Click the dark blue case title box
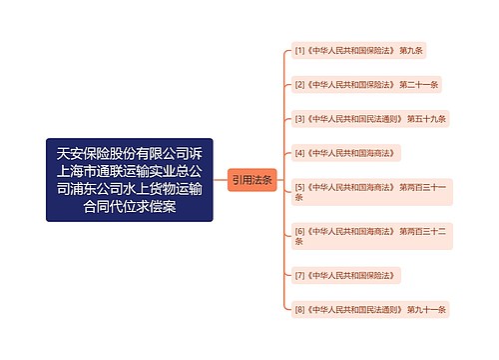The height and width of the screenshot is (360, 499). (129, 180)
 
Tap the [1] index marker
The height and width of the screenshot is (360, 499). (299, 50)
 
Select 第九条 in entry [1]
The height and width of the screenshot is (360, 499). (412, 50)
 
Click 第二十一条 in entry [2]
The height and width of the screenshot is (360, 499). (420, 84)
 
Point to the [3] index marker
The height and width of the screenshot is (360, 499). (299, 118)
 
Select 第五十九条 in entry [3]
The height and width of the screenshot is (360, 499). (426, 118)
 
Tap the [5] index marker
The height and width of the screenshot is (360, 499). (299, 187)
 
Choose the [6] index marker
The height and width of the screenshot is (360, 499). (299, 231)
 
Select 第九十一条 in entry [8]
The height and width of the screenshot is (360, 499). (426, 309)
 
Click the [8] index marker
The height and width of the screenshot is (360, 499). (299, 309)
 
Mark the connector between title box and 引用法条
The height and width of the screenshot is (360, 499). (220, 180)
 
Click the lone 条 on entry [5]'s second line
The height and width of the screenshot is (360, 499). (298, 198)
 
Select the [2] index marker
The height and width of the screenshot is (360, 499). (299, 84)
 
